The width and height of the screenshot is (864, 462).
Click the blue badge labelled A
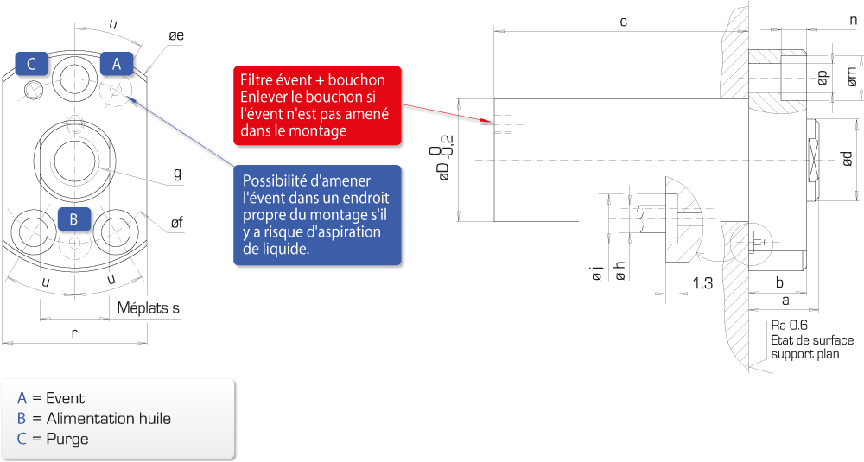coord(117,64)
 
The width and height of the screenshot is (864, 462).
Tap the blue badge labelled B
coord(73,219)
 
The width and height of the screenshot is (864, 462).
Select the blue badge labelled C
coord(31,64)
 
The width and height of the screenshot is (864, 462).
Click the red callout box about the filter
coord(317,105)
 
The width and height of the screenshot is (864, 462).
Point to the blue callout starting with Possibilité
coord(317,215)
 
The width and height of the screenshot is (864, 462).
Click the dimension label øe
coord(176,35)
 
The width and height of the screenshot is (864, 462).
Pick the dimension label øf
coord(176,223)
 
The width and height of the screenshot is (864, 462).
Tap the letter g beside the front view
coord(177,174)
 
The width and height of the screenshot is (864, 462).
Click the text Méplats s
coord(149,307)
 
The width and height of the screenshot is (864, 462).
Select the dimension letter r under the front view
coord(74,332)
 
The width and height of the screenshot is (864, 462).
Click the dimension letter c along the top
coord(623,22)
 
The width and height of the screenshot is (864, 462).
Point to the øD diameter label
coord(444,158)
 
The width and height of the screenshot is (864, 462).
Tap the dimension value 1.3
coord(702,283)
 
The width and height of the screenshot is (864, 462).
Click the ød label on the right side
coord(848,158)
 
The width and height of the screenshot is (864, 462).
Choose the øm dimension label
coord(851,77)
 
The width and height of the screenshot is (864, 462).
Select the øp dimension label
coord(823,78)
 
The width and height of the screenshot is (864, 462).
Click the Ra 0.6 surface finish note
coord(789,326)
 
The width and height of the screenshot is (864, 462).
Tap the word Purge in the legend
coord(67,439)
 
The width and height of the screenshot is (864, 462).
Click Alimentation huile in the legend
coord(109,419)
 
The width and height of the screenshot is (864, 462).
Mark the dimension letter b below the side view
coord(779,282)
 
